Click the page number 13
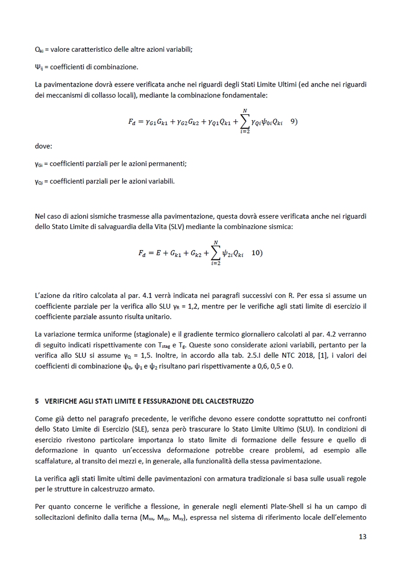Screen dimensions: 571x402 point(362,537)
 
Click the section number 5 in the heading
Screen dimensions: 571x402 point(37,401)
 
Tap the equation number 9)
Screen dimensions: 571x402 point(294,121)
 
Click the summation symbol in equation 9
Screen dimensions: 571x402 point(244,121)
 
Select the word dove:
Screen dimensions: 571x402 point(43,146)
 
